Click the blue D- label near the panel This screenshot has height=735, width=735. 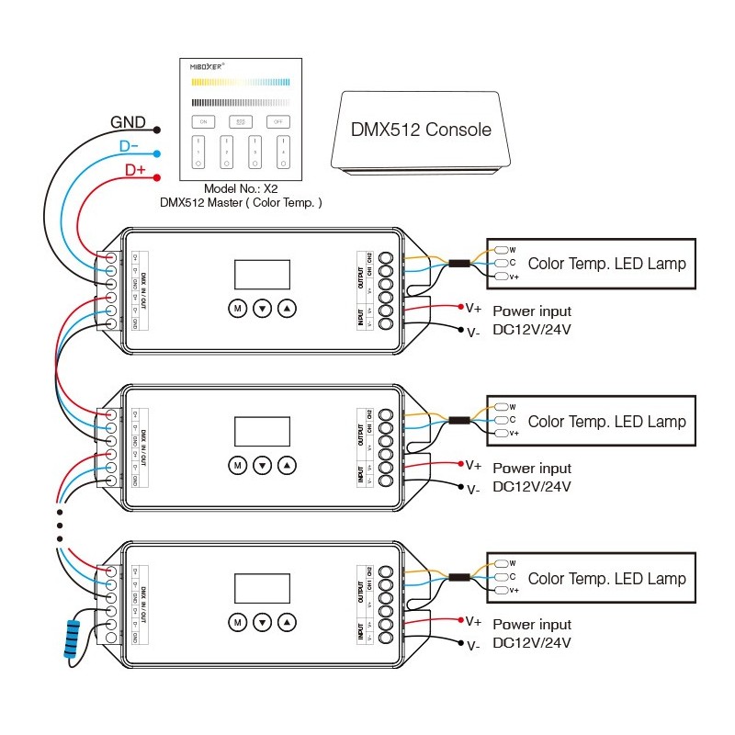(130, 147)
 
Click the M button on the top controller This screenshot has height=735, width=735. (237, 309)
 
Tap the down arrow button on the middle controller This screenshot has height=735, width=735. (263, 466)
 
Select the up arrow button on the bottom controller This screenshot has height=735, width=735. (288, 623)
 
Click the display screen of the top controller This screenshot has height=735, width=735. (263, 274)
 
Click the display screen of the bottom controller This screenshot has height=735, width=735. (263, 588)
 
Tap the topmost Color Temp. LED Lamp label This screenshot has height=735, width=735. (606, 265)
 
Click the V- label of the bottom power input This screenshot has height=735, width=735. (472, 646)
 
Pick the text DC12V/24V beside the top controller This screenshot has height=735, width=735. (532, 329)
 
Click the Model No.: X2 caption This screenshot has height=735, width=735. (240, 187)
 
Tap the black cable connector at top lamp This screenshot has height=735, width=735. (458, 265)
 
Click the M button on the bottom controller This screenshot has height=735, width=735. (237, 623)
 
